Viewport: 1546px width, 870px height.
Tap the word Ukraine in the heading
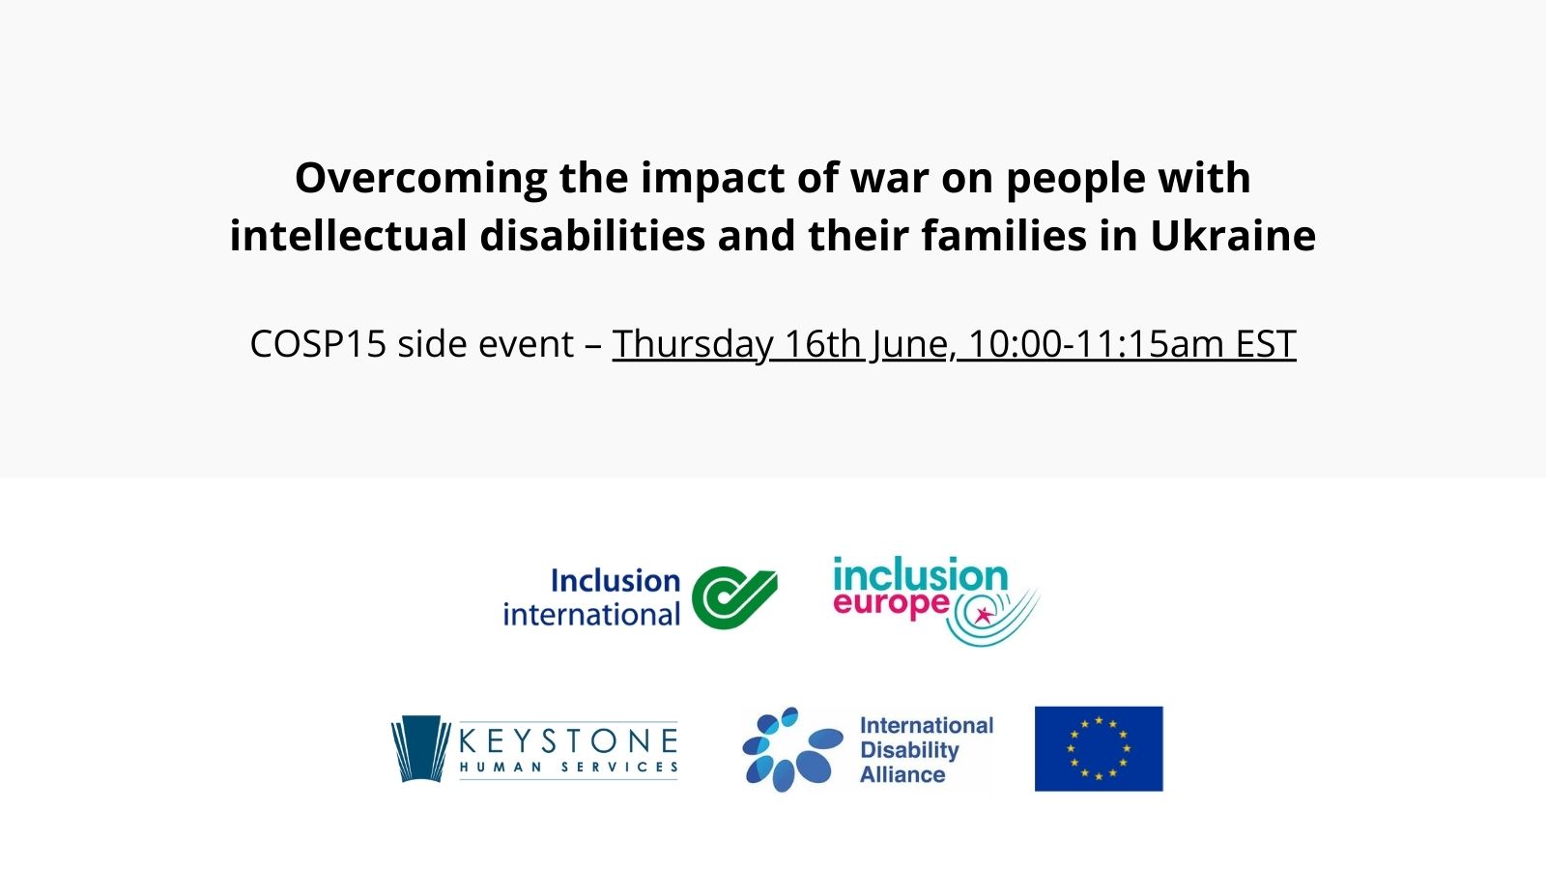pyautogui.click(x=1233, y=236)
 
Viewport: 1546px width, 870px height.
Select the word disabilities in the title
pyautogui.click(x=592, y=236)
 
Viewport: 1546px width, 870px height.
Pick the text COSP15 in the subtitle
pyautogui.click(x=318, y=344)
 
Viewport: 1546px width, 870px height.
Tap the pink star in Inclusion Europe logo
pyautogui.click(x=982, y=614)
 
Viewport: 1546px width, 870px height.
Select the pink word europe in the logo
pyautogui.click(x=891, y=603)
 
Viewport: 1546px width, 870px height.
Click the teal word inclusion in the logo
pyautogui.click(x=920, y=573)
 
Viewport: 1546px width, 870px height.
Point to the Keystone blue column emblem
pyautogui.click(x=420, y=748)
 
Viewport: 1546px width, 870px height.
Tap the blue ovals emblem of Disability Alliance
pyautogui.click(x=792, y=749)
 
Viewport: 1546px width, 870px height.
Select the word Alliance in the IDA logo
pyautogui.click(x=902, y=774)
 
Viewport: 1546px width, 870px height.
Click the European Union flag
pyautogui.click(x=1099, y=748)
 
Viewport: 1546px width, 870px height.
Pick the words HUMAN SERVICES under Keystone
pyautogui.click(x=568, y=768)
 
